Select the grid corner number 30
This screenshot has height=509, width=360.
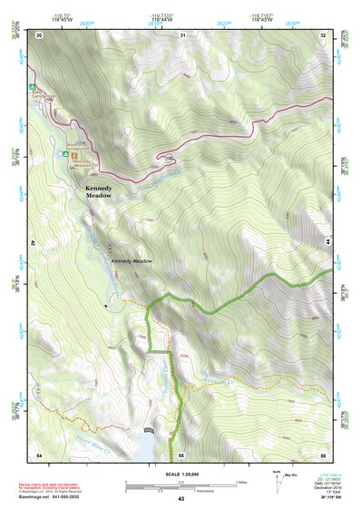(39, 34)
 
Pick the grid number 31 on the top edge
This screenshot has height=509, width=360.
(182, 34)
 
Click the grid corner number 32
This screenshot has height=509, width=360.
(323, 34)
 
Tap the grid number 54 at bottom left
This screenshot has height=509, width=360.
(39, 453)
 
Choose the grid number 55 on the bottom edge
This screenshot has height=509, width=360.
(181, 453)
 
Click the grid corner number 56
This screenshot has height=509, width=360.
(323, 453)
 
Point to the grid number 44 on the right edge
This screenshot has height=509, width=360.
(326, 243)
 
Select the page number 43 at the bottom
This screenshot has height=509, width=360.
(180, 499)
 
